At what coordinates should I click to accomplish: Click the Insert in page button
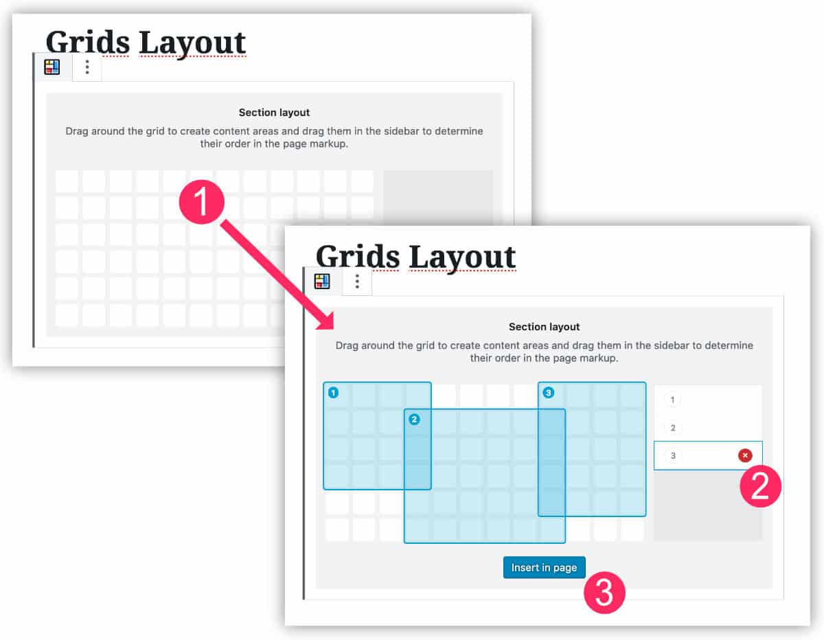click(x=544, y=568)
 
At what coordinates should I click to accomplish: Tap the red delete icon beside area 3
click(x=745, y=455)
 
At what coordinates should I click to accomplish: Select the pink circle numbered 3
click(x=604, y=593)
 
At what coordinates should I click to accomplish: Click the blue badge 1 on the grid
click(x=333, y=393)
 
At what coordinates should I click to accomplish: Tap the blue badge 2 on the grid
click(x=414, y=420)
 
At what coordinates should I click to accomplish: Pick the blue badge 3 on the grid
click(x=548, y=393)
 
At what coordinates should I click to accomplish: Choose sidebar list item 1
click(x=672, y=400)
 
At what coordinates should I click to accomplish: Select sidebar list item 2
click(x=672, y=428)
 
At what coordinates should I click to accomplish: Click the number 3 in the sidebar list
click(x=673, y=455)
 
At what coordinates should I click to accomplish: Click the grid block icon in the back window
click(x=52, y=67)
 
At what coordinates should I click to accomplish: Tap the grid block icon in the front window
click(x=322, y=282)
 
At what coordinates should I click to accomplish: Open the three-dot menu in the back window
click(x=87, y=67)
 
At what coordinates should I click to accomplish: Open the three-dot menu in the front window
click(x=357, y=282)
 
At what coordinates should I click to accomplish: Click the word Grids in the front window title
click(x=357, y=256)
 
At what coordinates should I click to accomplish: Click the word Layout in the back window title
click(x=192, y=42)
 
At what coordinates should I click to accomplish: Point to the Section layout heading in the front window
click(x=544, y=327)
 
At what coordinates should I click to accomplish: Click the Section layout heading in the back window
click(x=274, y=113)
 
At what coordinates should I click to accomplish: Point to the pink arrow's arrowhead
click(x=323, y=323)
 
